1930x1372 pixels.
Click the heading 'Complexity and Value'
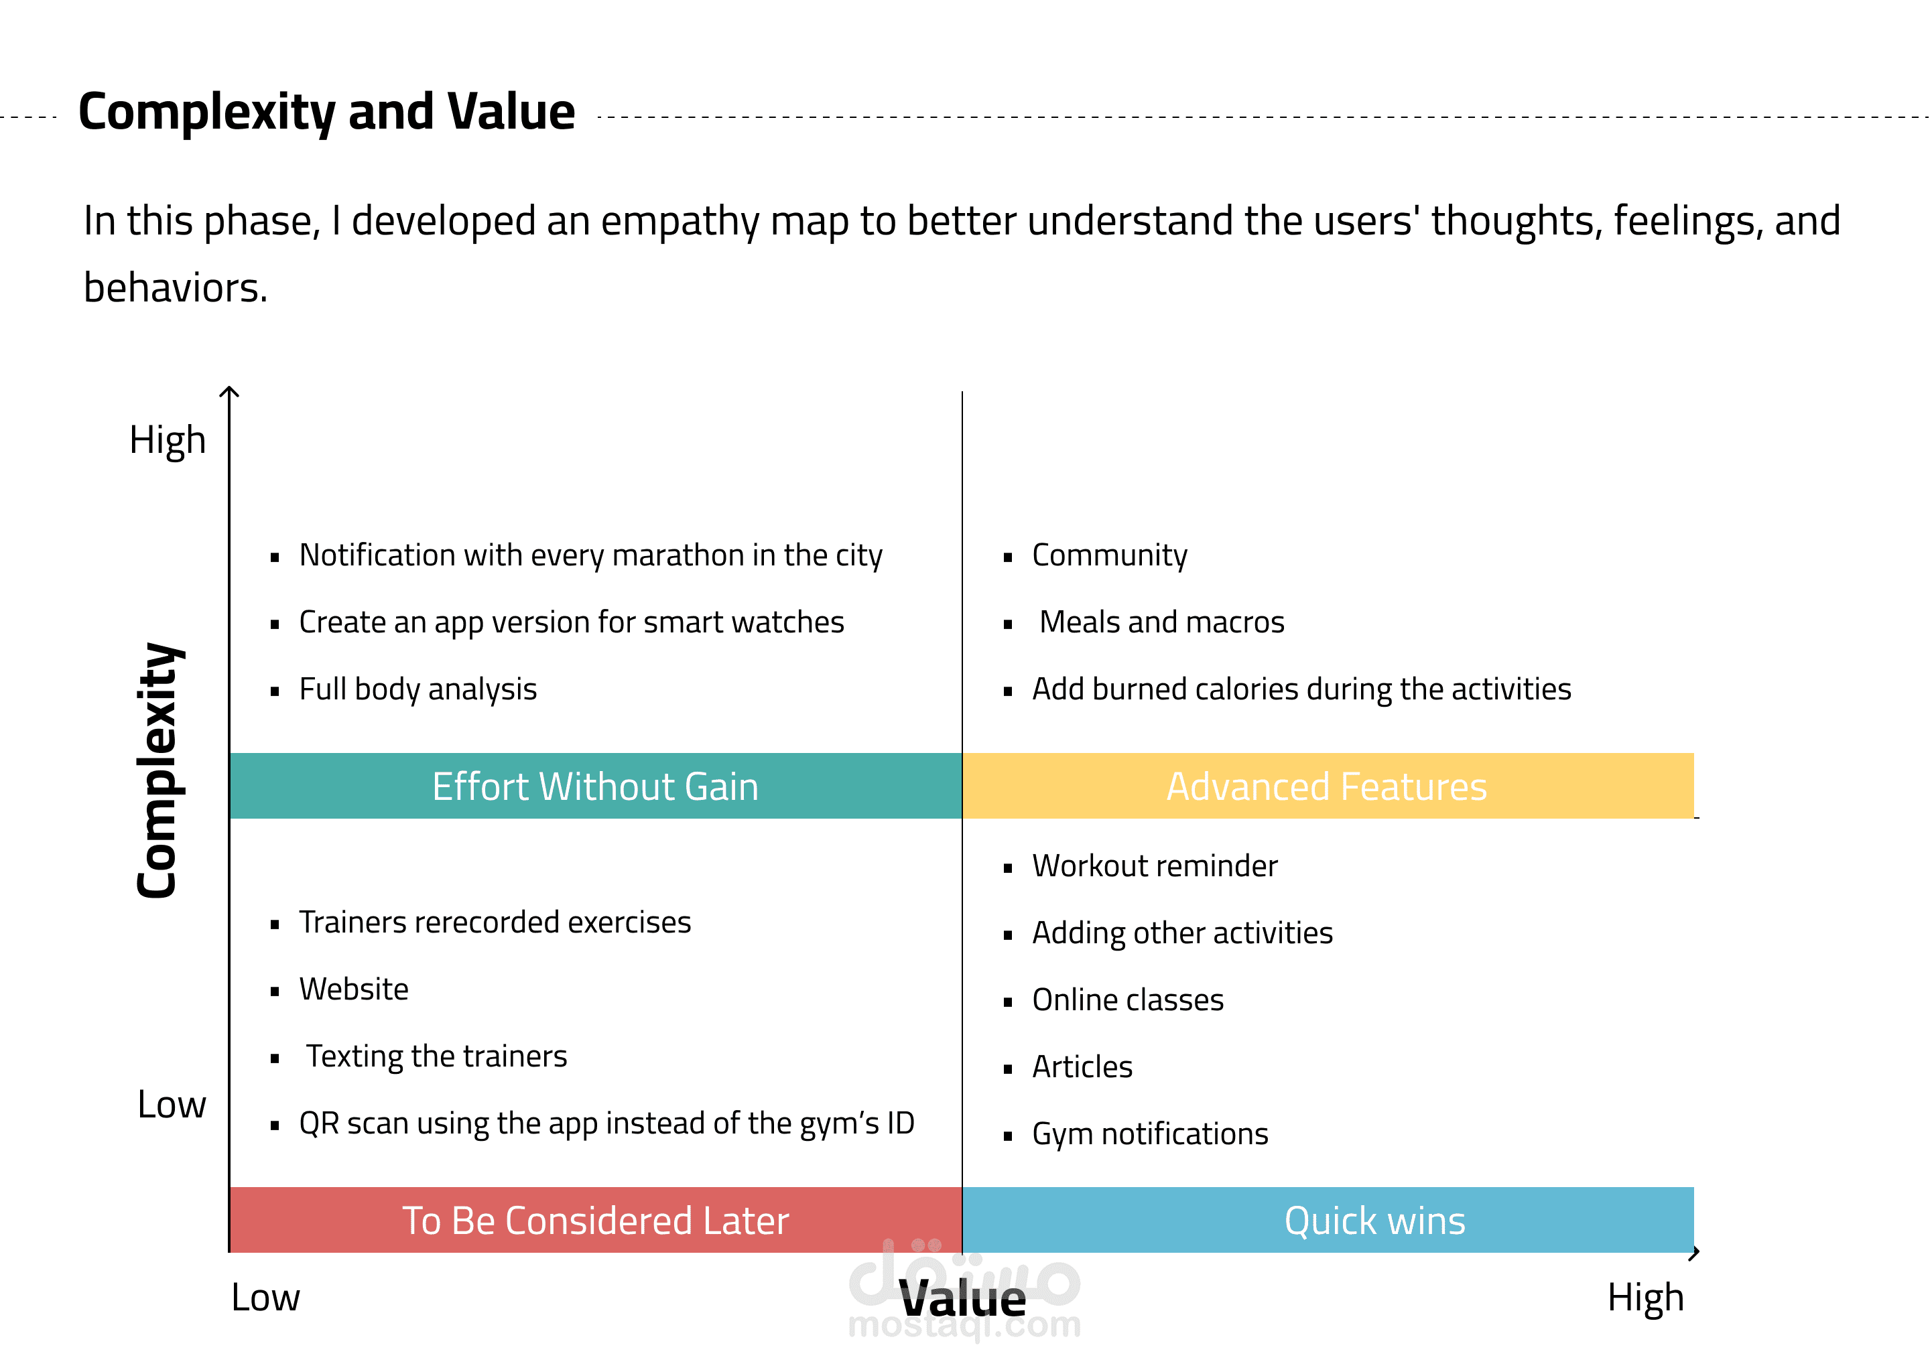tap(326, 113)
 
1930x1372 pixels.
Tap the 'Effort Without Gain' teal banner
tap(595, 786)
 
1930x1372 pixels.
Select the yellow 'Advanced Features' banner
tap(1327, 786)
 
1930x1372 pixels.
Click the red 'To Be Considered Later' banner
tap(595, 1221)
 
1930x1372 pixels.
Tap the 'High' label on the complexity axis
tap(168, 440)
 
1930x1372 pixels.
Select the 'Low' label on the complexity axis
tap(172, 1105)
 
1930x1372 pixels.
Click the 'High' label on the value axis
tap(1645, 1298)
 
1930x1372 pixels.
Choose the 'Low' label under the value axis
tap(265, 1298)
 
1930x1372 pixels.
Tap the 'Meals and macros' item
tap(1161, 622)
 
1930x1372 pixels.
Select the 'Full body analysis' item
tap(417, 689)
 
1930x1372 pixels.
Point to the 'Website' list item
tap(353, 989)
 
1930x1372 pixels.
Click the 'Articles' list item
tap(1082, 1067)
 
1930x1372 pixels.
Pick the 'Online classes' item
tap(1127, 1000)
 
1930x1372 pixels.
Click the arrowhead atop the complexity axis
tap(229, 391)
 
